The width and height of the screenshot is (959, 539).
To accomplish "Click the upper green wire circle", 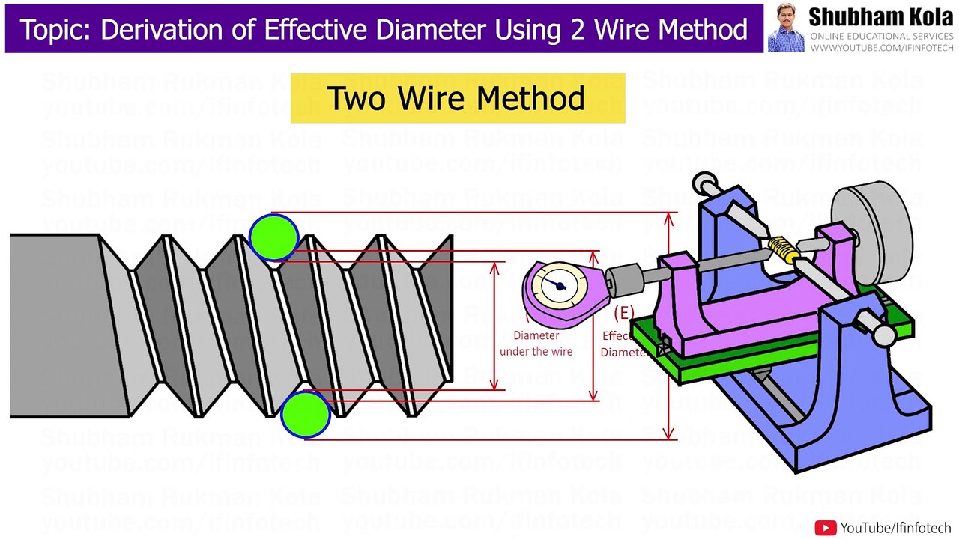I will [273, 237].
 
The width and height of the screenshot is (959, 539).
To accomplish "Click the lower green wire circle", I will [306, 413].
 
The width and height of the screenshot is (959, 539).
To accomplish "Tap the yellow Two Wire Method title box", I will [457, 98].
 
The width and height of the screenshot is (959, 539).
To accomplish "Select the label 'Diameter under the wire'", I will [536, 344].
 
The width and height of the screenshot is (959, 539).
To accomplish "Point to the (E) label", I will [623, 313].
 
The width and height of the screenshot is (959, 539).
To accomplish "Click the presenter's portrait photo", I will [786, 28].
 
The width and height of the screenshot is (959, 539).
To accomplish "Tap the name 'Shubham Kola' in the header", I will [881, 17].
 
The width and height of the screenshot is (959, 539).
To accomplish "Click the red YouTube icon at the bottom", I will [826, 528].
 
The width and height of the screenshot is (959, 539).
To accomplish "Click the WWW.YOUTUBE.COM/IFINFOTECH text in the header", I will [882, 48].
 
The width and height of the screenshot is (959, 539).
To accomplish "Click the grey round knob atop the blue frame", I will [704, 183].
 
